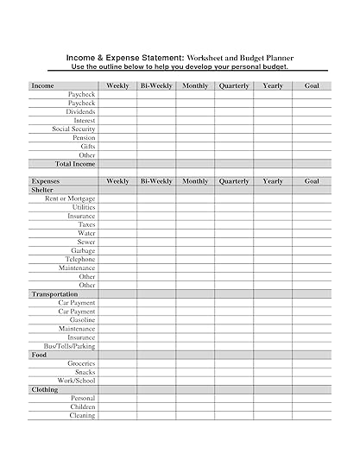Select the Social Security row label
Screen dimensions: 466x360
click(x=73, y=129)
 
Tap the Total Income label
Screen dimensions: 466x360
click(x=75, y=163)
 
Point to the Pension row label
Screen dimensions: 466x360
click(x=84, y=137)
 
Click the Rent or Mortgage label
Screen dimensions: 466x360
click(x=70, y=198)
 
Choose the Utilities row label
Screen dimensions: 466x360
click(x=84, y=207)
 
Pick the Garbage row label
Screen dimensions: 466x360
click(x=83, y=250)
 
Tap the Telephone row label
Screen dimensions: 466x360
click(x=80, y=259)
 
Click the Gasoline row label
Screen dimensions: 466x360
click(x=83, y=320)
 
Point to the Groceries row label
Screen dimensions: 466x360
click(x=81, y=363)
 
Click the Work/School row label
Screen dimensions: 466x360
click(x=77, y=381)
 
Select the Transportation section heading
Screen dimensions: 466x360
click(x=54, y=294)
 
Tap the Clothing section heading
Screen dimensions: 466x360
click(x=45, y=389)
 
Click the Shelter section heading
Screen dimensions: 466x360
click(x=42, y=190)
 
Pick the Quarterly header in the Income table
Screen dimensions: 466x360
click(x=234, y=85)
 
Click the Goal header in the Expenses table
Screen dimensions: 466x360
click(x=312, y=181)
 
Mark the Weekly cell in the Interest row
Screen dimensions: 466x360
click(x=117, y=120)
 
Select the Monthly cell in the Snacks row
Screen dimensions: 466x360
click(x=195, y=372)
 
